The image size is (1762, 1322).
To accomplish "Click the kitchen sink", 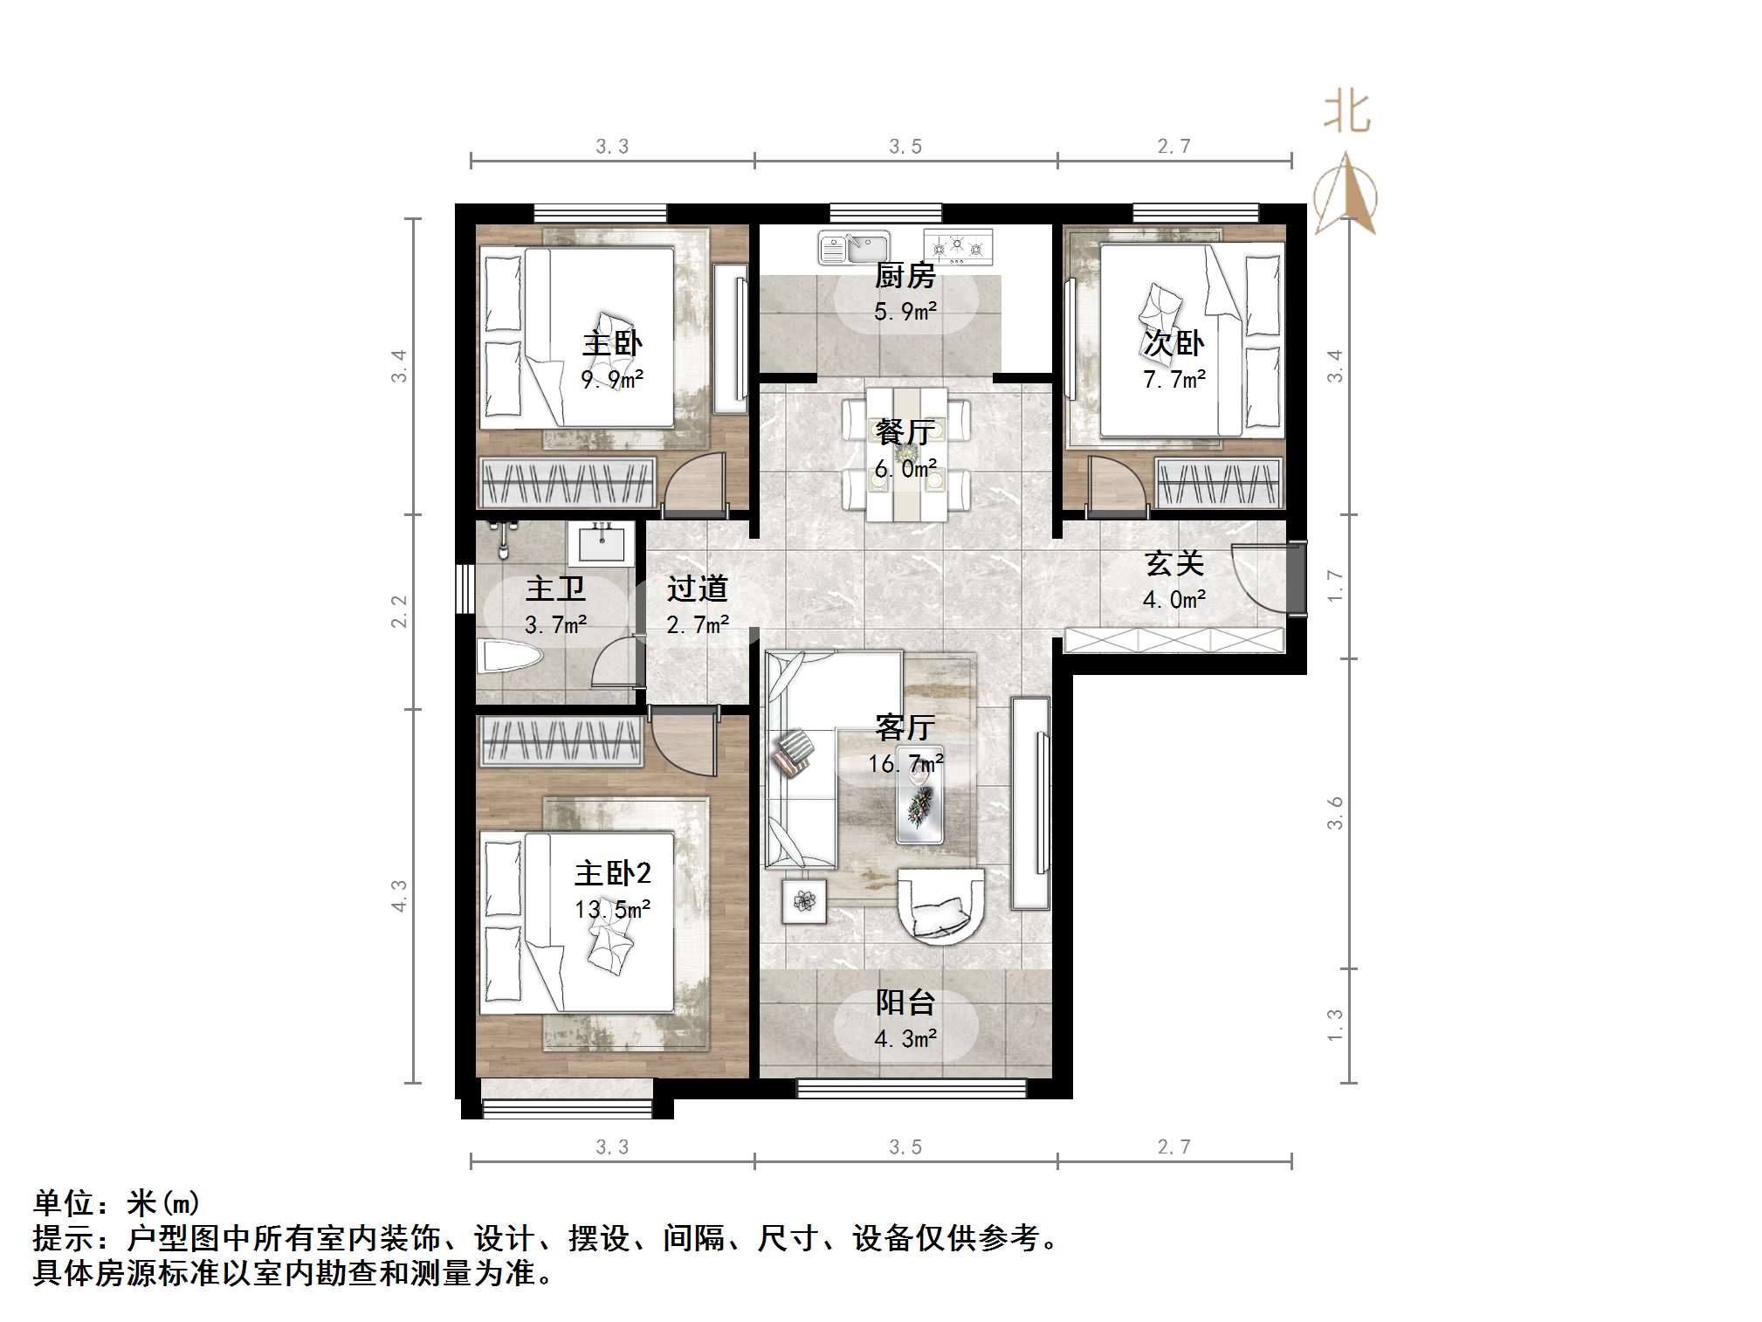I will [853, 248].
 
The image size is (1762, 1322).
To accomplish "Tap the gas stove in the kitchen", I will [958, 247].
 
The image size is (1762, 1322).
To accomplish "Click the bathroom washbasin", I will [601, 543].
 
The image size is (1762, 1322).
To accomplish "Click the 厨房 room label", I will [905, 276].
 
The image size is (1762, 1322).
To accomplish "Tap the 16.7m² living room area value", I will [905, 764].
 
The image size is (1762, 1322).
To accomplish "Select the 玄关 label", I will [1174, 563].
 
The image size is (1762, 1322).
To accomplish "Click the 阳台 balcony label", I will [905, 1002].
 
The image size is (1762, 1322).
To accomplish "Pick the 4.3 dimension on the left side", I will [399, 896].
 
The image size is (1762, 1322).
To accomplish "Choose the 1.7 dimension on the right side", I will [1335, 585].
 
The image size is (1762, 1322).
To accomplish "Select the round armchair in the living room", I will [941, 905].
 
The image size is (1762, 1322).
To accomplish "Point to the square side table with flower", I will [804, 899].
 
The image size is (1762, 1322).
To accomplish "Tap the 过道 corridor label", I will [697, 589].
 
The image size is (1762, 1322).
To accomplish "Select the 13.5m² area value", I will [612, 910].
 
